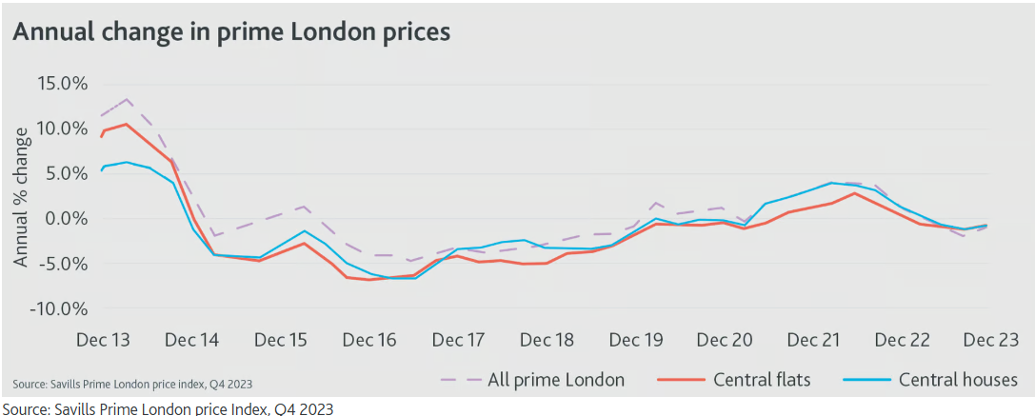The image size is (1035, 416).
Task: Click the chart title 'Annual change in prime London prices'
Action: tap(230, 31)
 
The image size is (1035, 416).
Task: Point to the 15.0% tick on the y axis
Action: tap(62, 83)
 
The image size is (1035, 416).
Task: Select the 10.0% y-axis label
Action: tap(62, 129)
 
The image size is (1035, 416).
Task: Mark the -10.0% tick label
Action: tap(59, 309)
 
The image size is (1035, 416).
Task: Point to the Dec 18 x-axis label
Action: tap(548, 341)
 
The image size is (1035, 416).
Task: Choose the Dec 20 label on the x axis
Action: tap(726, 341)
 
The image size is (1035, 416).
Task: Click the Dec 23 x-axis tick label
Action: tap(990, 341)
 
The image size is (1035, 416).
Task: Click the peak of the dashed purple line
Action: tap(127, 99)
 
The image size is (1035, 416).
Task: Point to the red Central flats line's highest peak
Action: tap(126, 124)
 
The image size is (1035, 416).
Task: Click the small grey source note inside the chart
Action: tap(132, 384)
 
